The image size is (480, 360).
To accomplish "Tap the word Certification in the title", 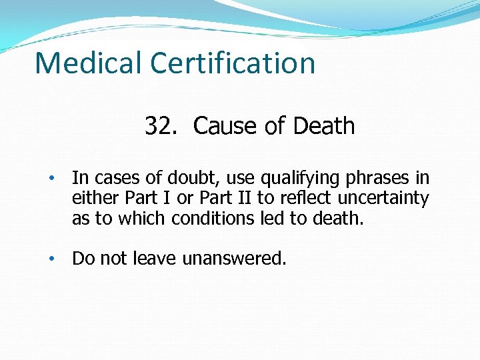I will [233, 63].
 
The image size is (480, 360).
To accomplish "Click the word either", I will [92, 199].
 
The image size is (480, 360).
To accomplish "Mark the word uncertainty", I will [389, 199].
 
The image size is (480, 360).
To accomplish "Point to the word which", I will [145, 219].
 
